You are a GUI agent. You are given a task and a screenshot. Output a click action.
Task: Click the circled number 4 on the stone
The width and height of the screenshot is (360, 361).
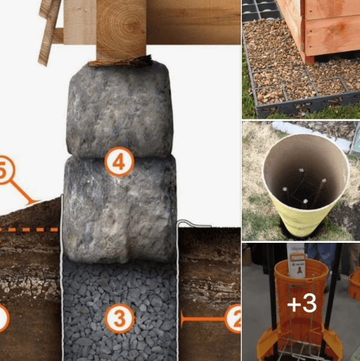point(119,162)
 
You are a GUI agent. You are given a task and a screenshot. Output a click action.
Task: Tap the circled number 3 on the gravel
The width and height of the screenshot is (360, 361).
point(119,317)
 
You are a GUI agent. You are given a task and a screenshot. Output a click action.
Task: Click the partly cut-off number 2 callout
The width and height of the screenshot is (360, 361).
point(233,317)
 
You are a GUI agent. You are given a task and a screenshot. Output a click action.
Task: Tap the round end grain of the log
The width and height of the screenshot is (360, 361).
point(121,29)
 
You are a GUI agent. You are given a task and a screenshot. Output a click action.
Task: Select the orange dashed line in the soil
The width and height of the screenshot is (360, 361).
point(29,230)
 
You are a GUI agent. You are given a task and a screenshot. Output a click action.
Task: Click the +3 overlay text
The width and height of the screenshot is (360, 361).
point(301,303)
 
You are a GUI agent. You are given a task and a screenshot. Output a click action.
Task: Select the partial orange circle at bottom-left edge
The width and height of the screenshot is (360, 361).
point(3,317)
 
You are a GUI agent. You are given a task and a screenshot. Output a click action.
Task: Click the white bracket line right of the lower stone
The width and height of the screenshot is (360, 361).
point(185,244)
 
